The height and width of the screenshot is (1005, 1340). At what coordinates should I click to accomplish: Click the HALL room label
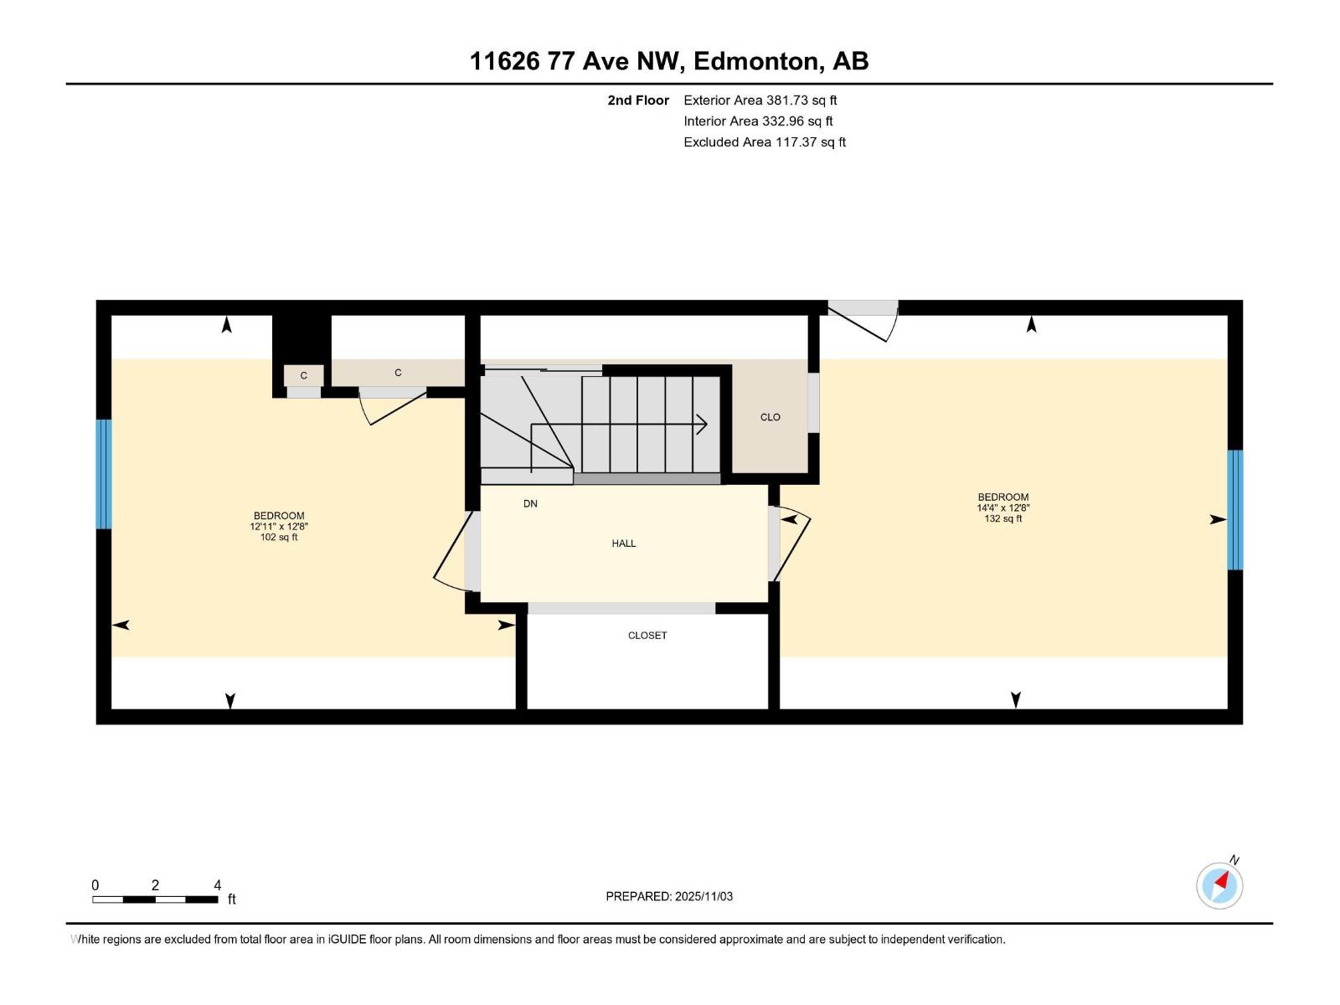click(624, 544)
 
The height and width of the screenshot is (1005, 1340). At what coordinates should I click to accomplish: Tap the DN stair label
click(530, 503)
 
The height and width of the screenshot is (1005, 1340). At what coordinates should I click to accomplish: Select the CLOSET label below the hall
click(647, 636)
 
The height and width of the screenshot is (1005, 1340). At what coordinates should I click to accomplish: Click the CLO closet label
click(770, 417)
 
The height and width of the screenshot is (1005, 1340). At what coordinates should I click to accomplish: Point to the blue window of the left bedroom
click(103, 474)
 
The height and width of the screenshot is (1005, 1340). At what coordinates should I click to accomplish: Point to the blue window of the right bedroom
click(1235, 510)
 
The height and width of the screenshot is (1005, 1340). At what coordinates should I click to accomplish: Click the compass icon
click(1219, 885)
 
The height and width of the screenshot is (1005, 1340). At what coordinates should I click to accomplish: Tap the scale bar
click(155, 899)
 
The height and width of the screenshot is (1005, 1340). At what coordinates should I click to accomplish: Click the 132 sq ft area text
click(1003, 519)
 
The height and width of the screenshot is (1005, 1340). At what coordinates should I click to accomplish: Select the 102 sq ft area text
click(279, 538)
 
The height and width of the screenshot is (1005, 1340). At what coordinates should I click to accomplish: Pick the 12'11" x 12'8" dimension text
click(279, 527)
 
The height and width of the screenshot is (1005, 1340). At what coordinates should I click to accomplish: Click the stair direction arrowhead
click(702, 425)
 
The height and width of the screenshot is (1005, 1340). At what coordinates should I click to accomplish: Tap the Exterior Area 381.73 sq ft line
click(760, 100)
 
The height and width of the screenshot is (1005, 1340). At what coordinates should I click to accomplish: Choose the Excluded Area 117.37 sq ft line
click(764, 142)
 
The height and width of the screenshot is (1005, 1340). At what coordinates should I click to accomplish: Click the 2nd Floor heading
click(638, 100)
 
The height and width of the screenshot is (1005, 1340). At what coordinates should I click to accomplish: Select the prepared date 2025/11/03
click(669, 896)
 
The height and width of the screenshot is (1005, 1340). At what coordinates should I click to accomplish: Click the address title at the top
click(669, 61)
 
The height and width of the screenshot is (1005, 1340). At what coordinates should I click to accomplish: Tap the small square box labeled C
click(303, 376)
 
